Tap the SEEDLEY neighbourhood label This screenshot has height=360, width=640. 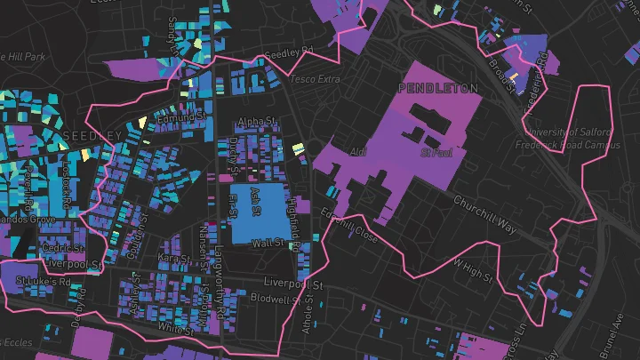coord(92,135)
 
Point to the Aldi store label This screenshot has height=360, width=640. coord(358,152)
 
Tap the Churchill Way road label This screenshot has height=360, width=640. coord(484,214)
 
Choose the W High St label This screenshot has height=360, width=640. coord(473,269)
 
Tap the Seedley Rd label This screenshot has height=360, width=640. coord(296,52)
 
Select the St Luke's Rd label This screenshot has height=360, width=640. coord(43,282)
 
